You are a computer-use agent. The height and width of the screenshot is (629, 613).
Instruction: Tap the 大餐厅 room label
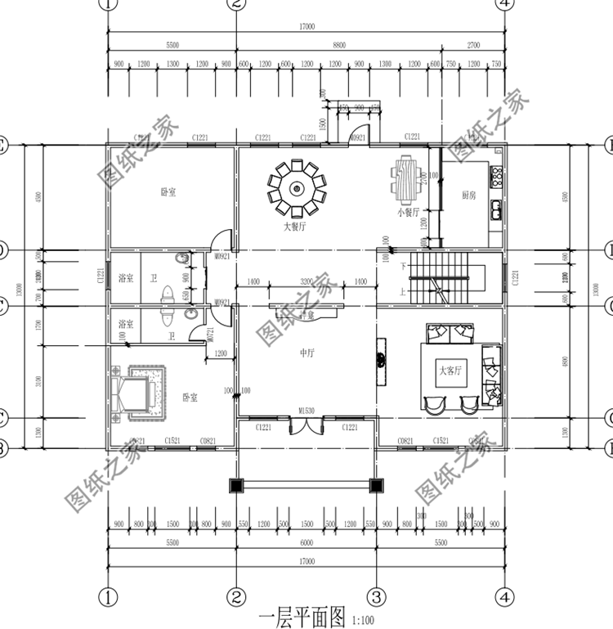coord(295,227)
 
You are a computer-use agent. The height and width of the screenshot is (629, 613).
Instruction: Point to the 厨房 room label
coord(469,195)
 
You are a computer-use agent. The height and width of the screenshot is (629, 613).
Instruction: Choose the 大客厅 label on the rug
coord(450,370)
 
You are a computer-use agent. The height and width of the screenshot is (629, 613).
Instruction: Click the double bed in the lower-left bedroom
coord(134,395)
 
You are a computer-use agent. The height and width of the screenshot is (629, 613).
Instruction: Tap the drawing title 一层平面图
coord(302,615)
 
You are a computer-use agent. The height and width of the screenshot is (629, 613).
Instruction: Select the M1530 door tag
coord(307,410)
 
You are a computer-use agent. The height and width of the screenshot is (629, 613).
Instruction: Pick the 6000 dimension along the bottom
coord(306,542)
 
